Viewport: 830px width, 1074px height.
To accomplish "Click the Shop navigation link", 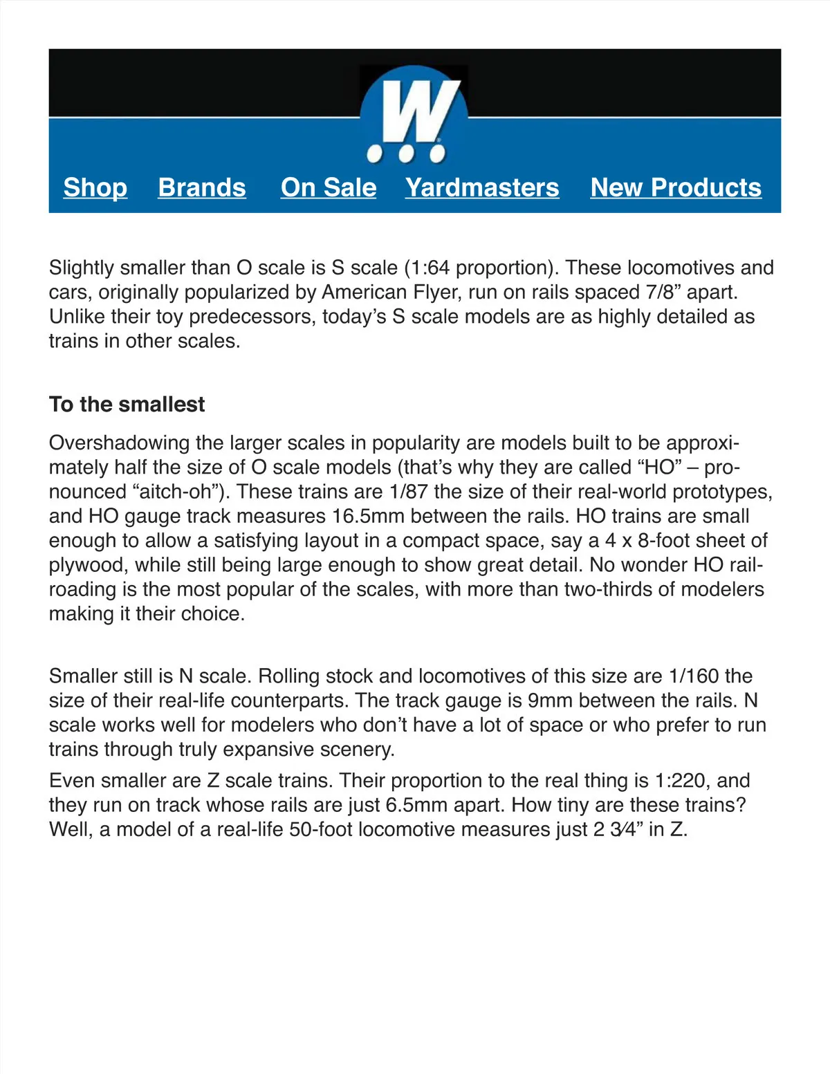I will [x=95, y=187].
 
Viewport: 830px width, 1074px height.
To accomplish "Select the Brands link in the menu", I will [x=202, y=187].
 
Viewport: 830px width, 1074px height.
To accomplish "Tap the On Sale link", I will [x=329, y=187].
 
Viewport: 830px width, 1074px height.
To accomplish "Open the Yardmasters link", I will [x=482, y=187].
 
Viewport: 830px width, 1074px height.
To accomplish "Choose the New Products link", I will [x=676, y=187].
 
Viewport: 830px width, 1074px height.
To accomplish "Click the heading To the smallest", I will [x=127, y=405].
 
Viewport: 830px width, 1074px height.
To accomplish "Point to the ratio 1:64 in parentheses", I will [x=430, y=268].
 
